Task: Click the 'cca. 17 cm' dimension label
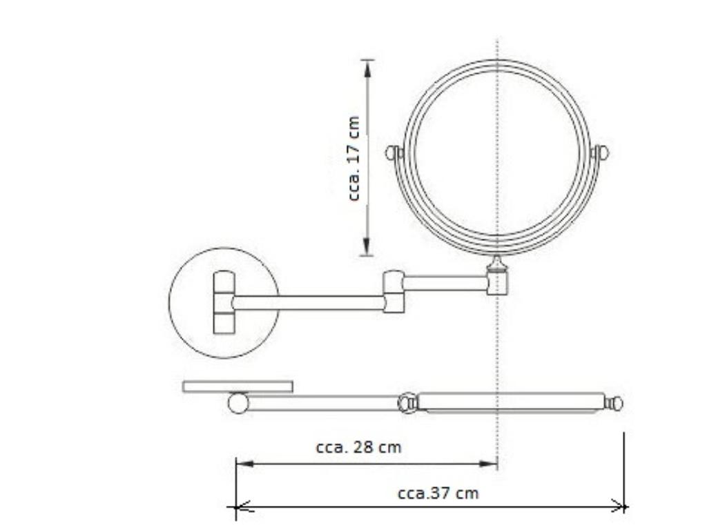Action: click(354, 159)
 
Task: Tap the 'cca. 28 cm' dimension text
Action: click(358, 447)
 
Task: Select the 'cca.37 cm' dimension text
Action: click(438, 493)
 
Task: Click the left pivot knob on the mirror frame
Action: click(393, 153)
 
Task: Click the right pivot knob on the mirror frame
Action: click(601, 153)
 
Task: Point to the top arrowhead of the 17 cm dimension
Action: click(367, 68)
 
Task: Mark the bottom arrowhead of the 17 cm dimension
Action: click(367, 246)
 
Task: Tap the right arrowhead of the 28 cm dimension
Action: click(487, 463)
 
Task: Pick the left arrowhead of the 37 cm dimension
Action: click(244, 507)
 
